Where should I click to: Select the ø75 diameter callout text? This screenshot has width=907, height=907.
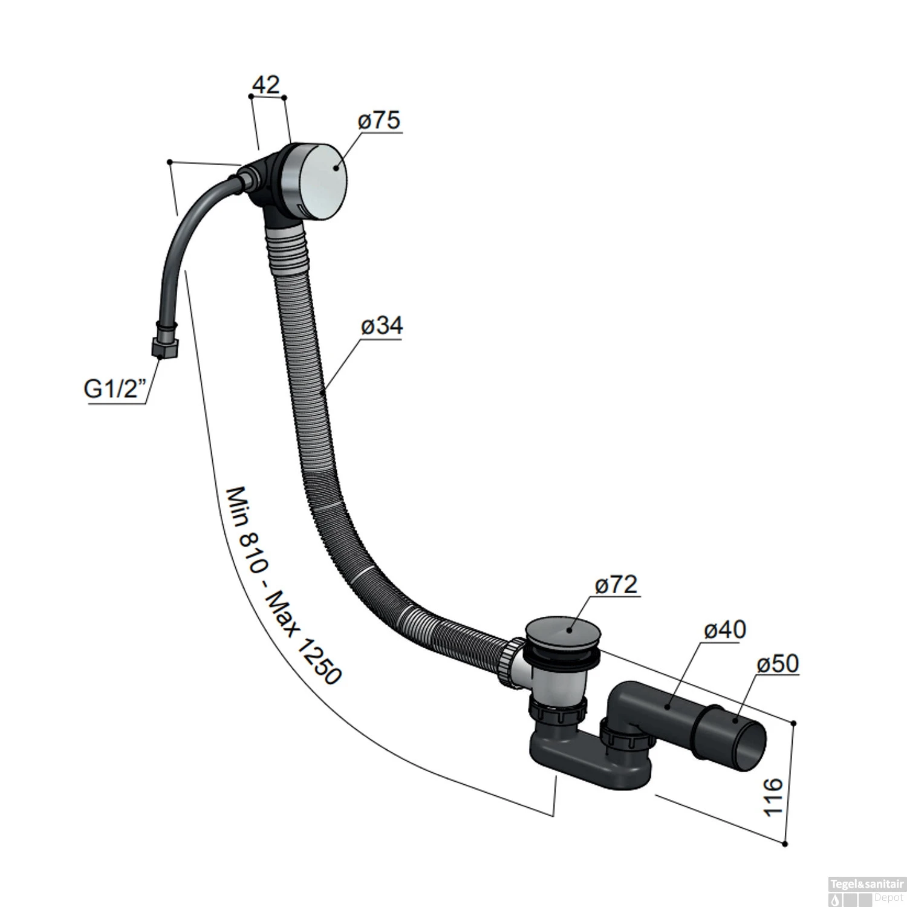(379, 120)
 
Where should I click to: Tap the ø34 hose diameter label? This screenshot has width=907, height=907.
(382, 326)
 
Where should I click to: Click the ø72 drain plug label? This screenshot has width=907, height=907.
(616, 585)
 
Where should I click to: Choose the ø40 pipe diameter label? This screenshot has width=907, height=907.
(725, 629)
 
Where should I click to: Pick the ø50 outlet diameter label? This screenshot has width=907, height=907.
(778, 664)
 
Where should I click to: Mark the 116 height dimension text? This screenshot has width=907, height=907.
(773, 798)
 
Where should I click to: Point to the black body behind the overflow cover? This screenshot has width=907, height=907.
(266, 181)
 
